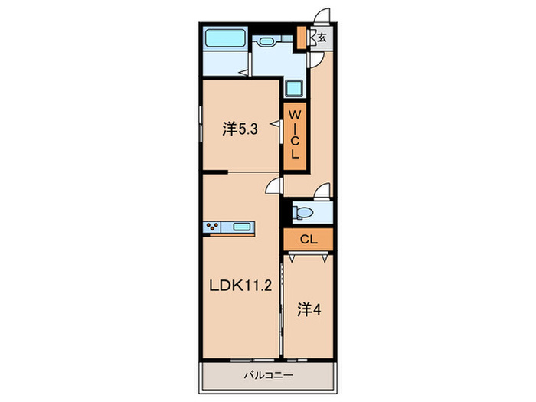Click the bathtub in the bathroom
(224, 38)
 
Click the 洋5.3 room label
(240, 129)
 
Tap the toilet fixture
(304, 212)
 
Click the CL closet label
(307, 240)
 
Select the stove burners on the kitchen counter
(213, 227)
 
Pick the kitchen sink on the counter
(242, 227)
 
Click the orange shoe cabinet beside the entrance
(302, 37)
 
